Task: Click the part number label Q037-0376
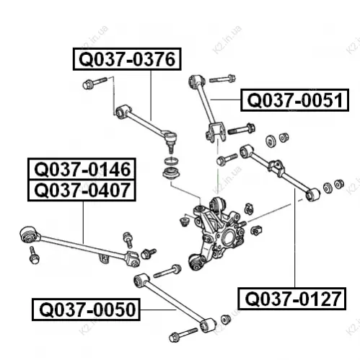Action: click(x=127, y=59)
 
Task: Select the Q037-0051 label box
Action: click(x=294, y=100)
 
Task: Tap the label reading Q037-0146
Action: click(x=82, y=169)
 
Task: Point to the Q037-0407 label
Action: click(x=82, y=190)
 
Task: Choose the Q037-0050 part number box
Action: click(x=86, y=309)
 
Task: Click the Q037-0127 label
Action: click(x=291, y=299)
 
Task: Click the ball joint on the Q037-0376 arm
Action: click(x=170, y=141)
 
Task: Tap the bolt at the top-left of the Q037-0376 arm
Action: click(x=95, y=82)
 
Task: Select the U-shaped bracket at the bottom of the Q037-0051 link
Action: click(x=216, y=133)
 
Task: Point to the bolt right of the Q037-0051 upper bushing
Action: click(x=222, y=79)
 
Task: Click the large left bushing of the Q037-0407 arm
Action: click(x=30, y=234)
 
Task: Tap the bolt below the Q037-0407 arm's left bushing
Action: click(x=34, y=255)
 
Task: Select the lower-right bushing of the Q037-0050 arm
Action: click(x=208, y=325)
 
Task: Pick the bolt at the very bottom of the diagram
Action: click(x=183, y=335)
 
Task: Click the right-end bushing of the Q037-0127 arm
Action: click(x=312, y=194)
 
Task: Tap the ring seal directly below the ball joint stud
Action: click(x=171, y=161)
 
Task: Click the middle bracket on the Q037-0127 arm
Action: click(x=276, y=167)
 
